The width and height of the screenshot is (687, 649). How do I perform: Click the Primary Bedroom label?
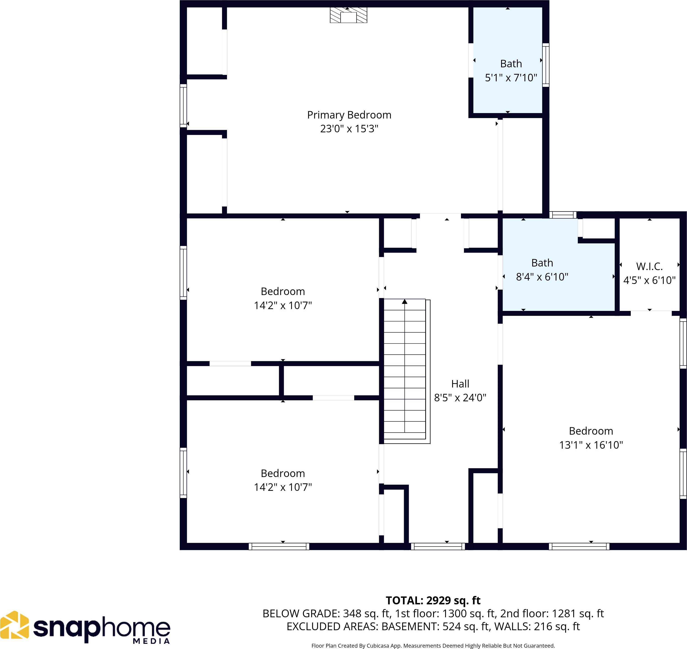pyautogui.click(x=349, y=115)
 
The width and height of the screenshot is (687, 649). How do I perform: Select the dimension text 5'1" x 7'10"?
pyautogui.click(x=511, y=78)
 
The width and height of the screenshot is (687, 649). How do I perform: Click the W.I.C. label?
pyautogui.click(x=649, y=266)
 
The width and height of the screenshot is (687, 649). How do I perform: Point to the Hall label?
pyautogui.click(x=460, y=384)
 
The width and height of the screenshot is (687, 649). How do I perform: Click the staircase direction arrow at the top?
pyautogui.click(x=404, y=302)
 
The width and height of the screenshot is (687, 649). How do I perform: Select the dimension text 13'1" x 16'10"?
pyautogui.click(x=591, y=445)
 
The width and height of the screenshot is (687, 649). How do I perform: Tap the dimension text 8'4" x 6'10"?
pyautogui.click(x=542, y=277)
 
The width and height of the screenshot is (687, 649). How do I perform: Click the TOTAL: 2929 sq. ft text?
pyautogui.click(x=433, y=600)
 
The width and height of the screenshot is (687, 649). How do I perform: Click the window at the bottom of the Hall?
pyautogui.click(x=438, y=546)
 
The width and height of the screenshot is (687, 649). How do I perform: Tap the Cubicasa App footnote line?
pyautogui.click(x=433, y=646)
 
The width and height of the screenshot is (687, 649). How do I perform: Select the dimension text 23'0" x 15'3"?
pyautogui.click(x=349, y=129)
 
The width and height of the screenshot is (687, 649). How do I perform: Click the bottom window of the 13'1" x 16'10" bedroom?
pyautogui.click(x=579, y=546)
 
